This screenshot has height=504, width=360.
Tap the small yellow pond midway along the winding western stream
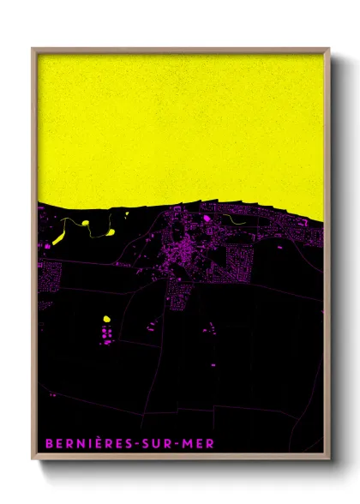point(87,224)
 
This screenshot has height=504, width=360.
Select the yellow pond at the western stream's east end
point(111,231)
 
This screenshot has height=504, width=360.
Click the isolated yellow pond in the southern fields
point(107,319)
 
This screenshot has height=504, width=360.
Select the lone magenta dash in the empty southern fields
point(52,395)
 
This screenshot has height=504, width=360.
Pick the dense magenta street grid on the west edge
point(50,277)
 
